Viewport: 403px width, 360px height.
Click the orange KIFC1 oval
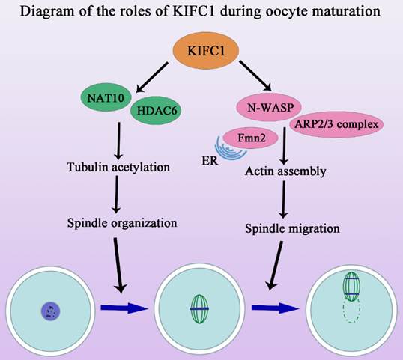[205, 51]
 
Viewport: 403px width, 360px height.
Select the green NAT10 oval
[106, 97]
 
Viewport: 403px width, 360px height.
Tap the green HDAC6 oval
[156, 111]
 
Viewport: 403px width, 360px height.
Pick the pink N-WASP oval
[269, 107]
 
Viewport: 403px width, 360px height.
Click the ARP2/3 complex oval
[336, 124]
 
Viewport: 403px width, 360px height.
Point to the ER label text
[210, 161]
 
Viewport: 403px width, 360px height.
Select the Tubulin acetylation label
[118, 167]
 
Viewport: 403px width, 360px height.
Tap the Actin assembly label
[285, 171]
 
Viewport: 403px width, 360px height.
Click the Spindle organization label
[122, 222]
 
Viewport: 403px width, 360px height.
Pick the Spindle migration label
[292, 228]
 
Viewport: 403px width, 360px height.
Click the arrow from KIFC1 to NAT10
[152, 77]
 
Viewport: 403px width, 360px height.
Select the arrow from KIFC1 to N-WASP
[255, 76]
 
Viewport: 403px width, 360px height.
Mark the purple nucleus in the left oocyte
[51, 311]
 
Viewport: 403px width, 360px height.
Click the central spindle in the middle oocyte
[199, 308]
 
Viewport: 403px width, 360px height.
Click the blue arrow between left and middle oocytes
[124, 308]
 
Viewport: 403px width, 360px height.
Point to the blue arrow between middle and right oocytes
[275, 308]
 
